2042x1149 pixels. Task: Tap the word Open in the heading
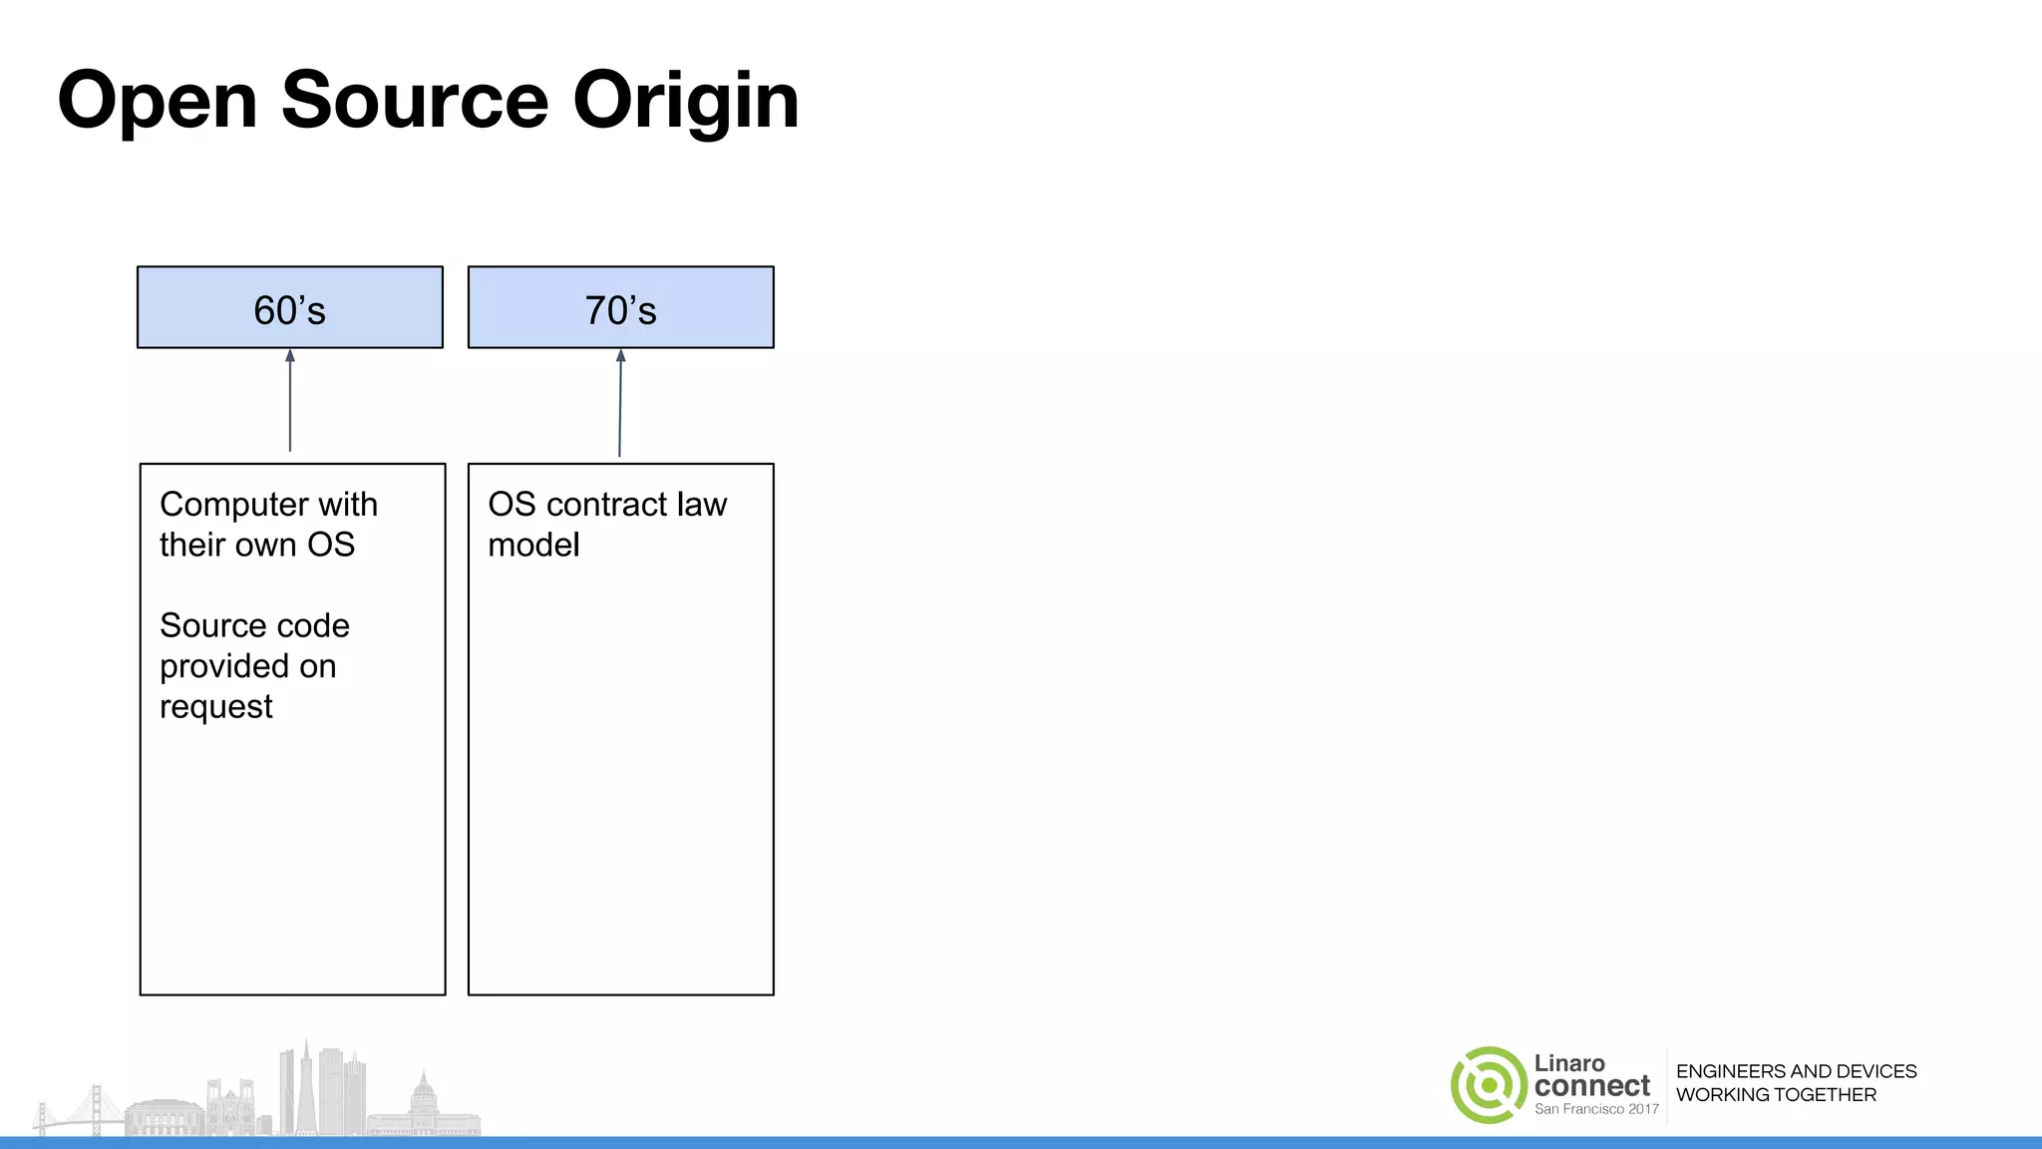click(x=158, y=102)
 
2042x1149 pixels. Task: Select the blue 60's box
click(x=289, y=307)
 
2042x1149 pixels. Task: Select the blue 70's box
click(x=620, y=307)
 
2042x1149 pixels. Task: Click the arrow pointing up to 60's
click(x=290, y=399)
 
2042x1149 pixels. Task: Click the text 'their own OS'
click(x=256, y=545)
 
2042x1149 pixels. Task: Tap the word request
click(x=215, y=707)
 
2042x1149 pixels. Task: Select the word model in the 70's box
click(x=532, y=545)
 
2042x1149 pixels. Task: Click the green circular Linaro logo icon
click(x=1489, y=1085)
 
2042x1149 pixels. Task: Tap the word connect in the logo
click(x=1591, y=1086)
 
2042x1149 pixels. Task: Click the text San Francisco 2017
click(x=1595, y=1109)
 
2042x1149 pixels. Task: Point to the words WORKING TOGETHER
click(x=1775, y=1095)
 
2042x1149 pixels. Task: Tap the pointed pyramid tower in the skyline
click(x=306, y=1087)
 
